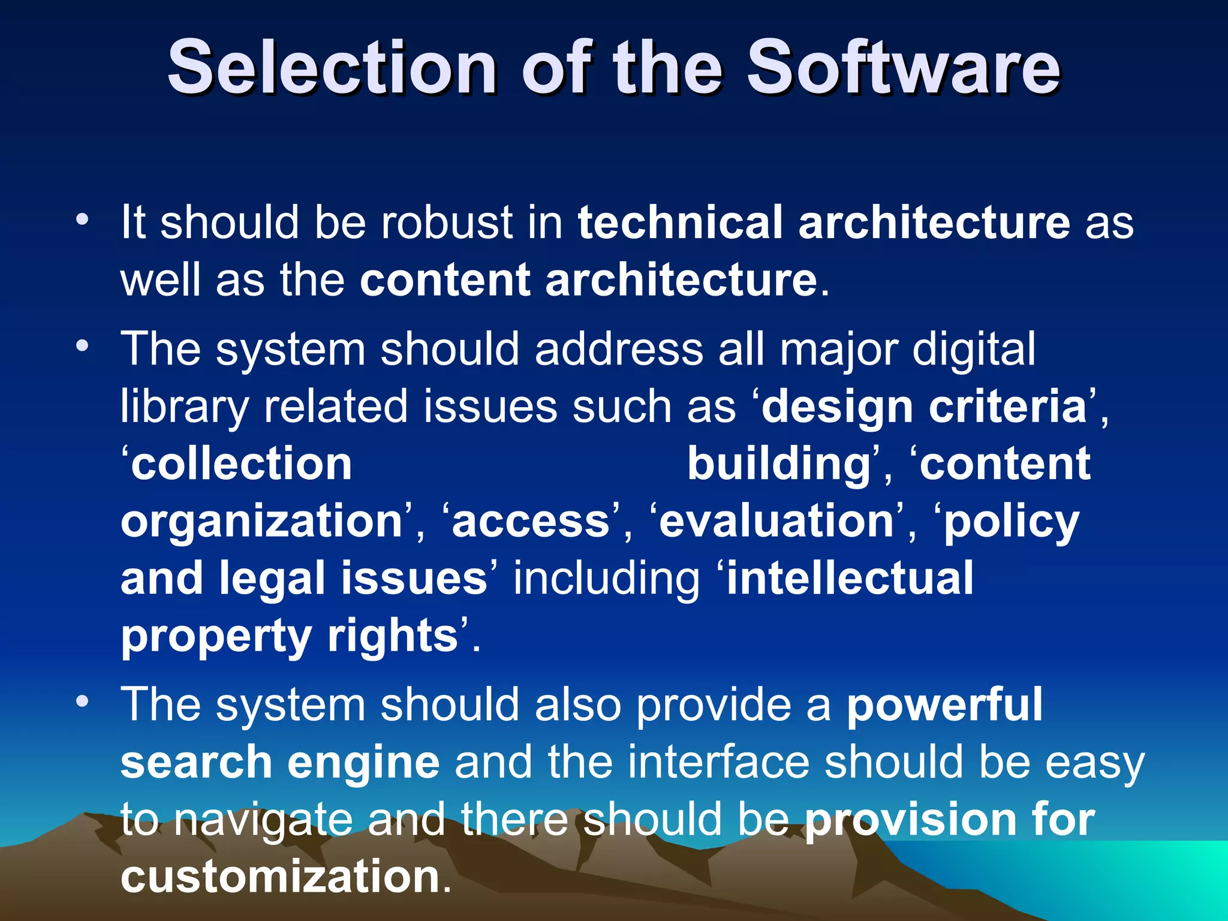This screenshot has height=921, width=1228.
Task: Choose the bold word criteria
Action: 1008,407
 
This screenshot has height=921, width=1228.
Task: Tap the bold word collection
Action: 242,464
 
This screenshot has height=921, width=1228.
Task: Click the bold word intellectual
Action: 850,578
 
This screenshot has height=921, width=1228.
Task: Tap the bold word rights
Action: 393,637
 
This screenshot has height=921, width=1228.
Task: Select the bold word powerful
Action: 944,705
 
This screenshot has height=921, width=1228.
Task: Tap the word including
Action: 606,578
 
